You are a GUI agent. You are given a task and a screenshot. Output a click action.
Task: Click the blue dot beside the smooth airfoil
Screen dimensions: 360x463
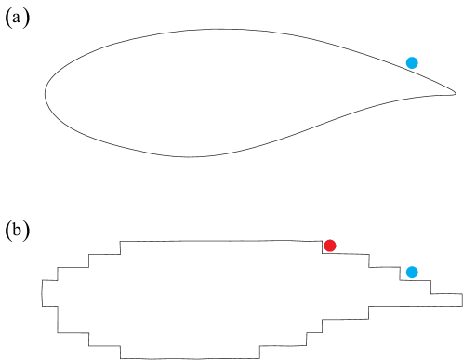coord(412,62)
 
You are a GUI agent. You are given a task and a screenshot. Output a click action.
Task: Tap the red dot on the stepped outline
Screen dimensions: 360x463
coord(329,246)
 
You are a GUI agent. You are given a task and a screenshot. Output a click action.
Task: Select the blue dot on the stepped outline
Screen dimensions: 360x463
coord(412,272)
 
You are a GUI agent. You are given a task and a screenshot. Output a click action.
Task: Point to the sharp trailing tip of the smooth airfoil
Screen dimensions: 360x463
coord(456,93)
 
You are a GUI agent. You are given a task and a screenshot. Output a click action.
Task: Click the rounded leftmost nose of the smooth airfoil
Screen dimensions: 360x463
coord(46,93)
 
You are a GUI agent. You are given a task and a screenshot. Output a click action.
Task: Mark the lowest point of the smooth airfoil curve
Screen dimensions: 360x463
coord(191,156)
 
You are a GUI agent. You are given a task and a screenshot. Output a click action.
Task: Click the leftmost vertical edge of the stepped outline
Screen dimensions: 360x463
coord(42,292)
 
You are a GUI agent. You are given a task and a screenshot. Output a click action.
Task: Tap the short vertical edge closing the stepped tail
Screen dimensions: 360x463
coord(461,300)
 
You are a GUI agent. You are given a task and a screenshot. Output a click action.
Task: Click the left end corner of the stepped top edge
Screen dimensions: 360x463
coord(121,242)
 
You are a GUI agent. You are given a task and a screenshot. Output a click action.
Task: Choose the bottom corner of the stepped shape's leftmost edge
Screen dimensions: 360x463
coord(42,305)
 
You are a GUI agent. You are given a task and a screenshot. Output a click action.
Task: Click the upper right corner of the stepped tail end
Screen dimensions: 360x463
coord(461,294)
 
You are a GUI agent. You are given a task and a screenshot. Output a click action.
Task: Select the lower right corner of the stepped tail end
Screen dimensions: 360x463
coord(461,305)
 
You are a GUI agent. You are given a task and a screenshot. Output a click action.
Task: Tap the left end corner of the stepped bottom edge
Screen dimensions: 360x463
coord(121,358)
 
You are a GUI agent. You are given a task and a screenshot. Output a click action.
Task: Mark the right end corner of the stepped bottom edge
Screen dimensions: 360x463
coord(258,358)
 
